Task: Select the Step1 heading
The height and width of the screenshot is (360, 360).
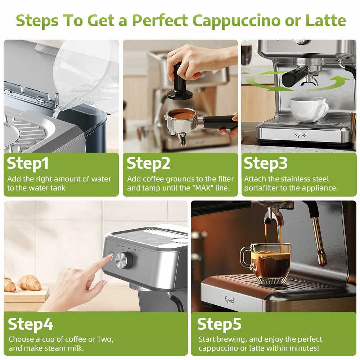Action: tap(28, 164)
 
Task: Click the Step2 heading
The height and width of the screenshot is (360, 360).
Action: tap(149, 164)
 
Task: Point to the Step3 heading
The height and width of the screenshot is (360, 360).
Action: tap(265, 164)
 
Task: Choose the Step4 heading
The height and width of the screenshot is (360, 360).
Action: tap(31, 324)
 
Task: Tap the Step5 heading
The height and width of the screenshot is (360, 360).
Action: tap(219, 324)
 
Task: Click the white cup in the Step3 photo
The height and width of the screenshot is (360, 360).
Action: tap(309, 109)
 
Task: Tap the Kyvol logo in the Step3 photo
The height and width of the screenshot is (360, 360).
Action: tap(300, 135)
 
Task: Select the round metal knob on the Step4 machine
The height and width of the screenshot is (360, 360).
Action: tap(124, 261)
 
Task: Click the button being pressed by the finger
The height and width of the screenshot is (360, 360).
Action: tap(112, 255)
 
